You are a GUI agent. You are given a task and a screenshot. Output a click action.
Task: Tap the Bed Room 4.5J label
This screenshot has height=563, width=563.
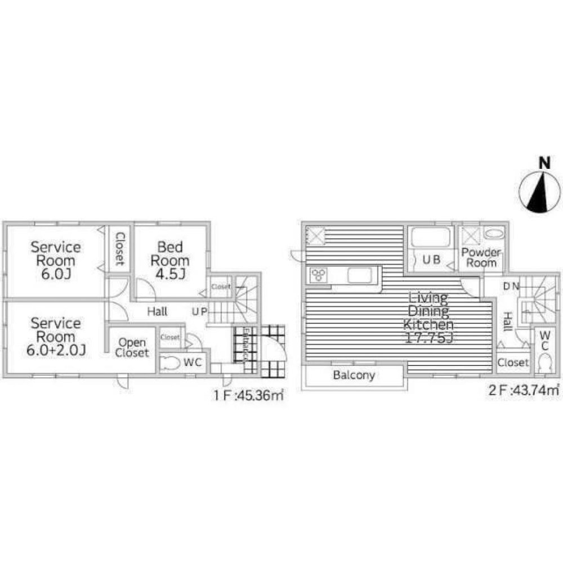pos(169,260)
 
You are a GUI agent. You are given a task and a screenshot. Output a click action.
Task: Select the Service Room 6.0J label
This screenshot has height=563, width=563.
pos(55,260)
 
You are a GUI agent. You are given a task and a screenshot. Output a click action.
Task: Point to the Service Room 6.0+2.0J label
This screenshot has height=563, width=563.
pos(55,337)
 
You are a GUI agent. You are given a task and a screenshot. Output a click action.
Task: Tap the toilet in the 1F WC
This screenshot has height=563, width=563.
pos(169,363)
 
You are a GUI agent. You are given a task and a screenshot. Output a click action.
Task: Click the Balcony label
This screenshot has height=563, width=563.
pos(354,375)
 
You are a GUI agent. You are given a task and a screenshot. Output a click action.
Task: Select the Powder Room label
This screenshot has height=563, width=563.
pos(480,257)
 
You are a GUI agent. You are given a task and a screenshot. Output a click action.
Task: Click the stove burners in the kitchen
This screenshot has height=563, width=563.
pos(319,275)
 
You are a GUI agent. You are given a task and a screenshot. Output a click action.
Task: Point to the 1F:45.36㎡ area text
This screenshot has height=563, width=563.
pos(248,395)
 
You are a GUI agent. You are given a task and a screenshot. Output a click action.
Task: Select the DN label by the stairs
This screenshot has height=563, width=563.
pos(511,286)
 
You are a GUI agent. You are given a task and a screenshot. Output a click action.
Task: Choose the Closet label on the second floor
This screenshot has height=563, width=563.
pos(513,362)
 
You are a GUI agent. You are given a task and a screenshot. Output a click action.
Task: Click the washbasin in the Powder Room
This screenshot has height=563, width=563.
pos(494,233)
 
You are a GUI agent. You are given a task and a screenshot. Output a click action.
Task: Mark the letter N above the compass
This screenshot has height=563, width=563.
pos(544,163)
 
